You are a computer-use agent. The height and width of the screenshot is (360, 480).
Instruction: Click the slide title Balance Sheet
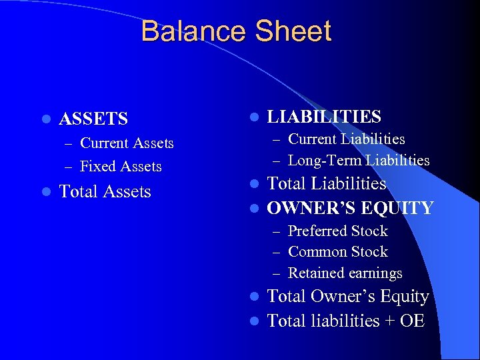tap(236, 31)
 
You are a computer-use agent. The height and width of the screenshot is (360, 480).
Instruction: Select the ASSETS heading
tap(93, 119)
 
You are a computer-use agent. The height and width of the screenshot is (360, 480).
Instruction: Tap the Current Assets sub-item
tap(127, 143)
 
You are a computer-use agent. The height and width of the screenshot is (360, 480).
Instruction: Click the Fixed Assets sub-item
tap(121, 167)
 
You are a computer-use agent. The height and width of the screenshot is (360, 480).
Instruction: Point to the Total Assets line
tap(105, 192)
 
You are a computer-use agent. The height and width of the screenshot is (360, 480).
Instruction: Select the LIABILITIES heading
tap(324, 117)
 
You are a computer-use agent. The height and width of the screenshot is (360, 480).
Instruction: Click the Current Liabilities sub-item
tap(346, 139)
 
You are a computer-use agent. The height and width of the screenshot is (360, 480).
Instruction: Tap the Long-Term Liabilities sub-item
tap(359, 161)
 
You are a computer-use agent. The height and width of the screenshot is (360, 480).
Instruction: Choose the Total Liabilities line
tap(326, 184)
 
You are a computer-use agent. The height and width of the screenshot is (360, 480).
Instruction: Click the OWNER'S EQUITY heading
tap(350, 209)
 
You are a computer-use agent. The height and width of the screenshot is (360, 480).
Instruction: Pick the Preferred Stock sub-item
tap(337, 231)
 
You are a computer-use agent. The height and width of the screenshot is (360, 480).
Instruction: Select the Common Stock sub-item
tap(337, 252)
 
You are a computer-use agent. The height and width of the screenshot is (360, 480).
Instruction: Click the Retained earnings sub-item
tap(345, 273)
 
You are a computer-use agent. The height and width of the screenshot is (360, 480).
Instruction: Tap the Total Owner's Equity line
tap(347, 297)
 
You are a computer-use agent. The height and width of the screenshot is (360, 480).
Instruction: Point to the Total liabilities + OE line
tap(345, 321)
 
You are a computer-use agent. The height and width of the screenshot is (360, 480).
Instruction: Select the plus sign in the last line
tap(390, 321)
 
